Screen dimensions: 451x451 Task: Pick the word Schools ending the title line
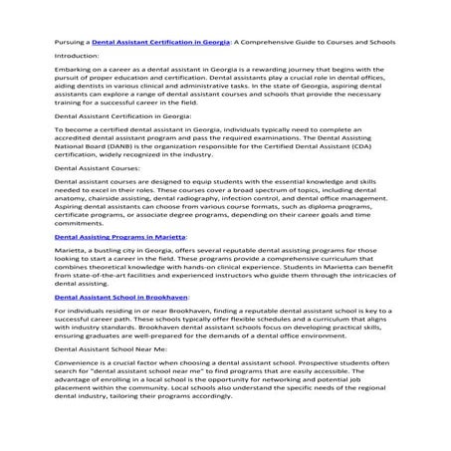point(382,43)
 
